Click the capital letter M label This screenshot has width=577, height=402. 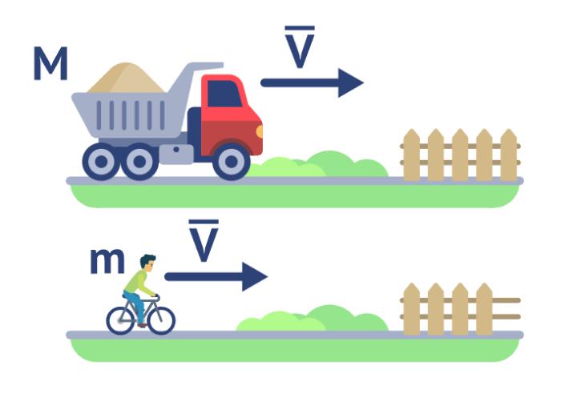[x=50, y=63]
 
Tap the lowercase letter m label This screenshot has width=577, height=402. [x=107, y=261]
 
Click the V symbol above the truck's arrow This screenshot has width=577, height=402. [x=300, y=47]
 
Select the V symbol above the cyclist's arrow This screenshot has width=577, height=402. [x=204, y=240]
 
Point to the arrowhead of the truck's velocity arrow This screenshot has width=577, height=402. [x=350, y=82]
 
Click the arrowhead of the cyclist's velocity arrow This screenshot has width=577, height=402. [x=254, y=276]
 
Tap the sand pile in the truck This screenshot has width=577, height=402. [x=127, y=78]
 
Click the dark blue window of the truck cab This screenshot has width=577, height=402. [x=224, y=94]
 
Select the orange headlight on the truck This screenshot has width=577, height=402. [x=260, y=131]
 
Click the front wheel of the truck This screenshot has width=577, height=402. [x=231, y=162]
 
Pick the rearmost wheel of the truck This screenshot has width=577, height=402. [x=101, y=162]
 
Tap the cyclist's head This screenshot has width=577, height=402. [x=147, y=263]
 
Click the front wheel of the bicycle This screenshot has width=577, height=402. [x=162, y=320]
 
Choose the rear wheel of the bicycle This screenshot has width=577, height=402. [x=121, y=320]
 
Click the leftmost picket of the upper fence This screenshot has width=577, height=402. [x=412, y=155]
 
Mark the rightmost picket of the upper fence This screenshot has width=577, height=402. [x=509, y=155]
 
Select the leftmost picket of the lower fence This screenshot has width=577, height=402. [x=412, y=309]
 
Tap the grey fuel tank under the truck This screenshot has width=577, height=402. [x=176, y=154]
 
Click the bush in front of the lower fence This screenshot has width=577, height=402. [x=312, y=319]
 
